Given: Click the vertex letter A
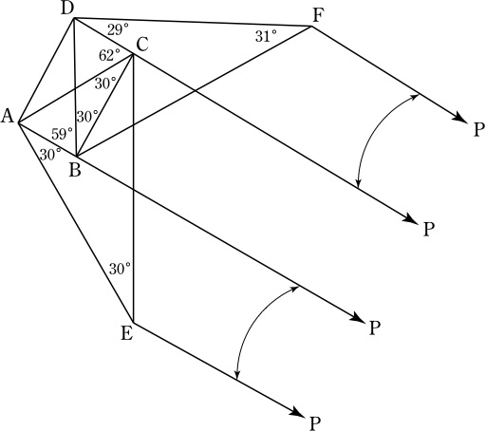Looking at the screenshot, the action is pyautogui.click(x=8, y=116).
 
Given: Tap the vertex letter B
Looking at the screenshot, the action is pyautogui.click(x=75, y=170).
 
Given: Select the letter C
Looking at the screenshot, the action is pyautogui.click(x=142, y=45).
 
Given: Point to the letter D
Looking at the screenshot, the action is pyautogui.click(x=67, y=9).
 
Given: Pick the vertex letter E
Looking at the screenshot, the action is pyautogui.click(x=127, y=333).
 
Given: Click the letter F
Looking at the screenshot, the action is pyautogui.click(x=318, y=16).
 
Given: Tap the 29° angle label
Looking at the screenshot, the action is pyautogui.click(x=118, y=30).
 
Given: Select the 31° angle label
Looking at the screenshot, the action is pyautogui.click(x=266, y=37).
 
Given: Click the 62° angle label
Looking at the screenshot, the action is pyautogui.click(x=109, y=56).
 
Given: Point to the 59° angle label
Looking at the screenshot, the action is pyautogui.click(x=62, y=134).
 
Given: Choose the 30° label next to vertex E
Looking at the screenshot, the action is pyautogui.click(x=120, y=269).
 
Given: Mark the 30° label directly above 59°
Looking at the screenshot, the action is pyautogui.click(x=87, y=117).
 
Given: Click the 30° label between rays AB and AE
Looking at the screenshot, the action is pyautogui.click(x=50, y=155).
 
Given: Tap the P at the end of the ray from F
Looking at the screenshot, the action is pyautogui.click(x=479, y=129).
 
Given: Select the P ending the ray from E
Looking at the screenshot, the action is pyautogui.click(x=314, y=422).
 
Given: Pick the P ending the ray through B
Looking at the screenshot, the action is pyautogui.click(x=374, y=328).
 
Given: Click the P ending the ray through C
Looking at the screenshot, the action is pyautogui.click(x=429, y=230).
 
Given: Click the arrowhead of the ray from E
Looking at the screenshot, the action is pyautogui.click(x=296, y=411).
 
